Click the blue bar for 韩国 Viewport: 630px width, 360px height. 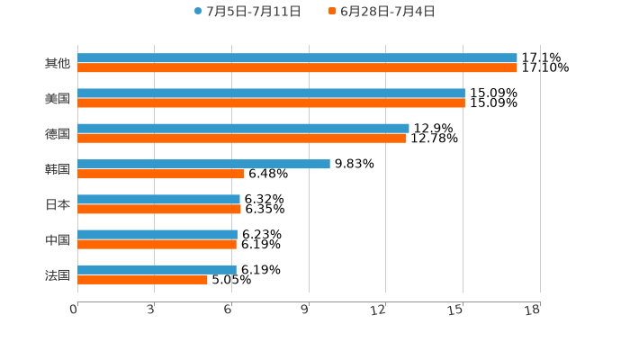(x=203, y=164)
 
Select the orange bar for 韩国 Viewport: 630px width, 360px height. (x=161, y=174)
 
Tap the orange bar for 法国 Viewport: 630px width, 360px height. (x=142, y=279)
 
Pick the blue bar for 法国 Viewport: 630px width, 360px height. (x=157, y=269)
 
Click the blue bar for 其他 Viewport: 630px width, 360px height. (x=297, y=58)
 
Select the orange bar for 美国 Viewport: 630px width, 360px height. (x=271, y=103)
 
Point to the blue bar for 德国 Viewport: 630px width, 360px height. (x=243, y=128)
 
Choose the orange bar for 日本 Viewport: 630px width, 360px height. (x=159, y=209)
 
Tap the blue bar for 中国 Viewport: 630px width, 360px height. (x=157, y=234)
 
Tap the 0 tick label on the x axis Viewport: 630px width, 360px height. (x=74, y=310)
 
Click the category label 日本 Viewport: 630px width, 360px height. (x=58, y=204)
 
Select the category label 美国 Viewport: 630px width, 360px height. (x=58, y=99)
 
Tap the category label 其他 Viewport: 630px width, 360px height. (x=58, y=64)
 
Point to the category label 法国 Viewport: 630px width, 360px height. (x=58, y=274)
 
